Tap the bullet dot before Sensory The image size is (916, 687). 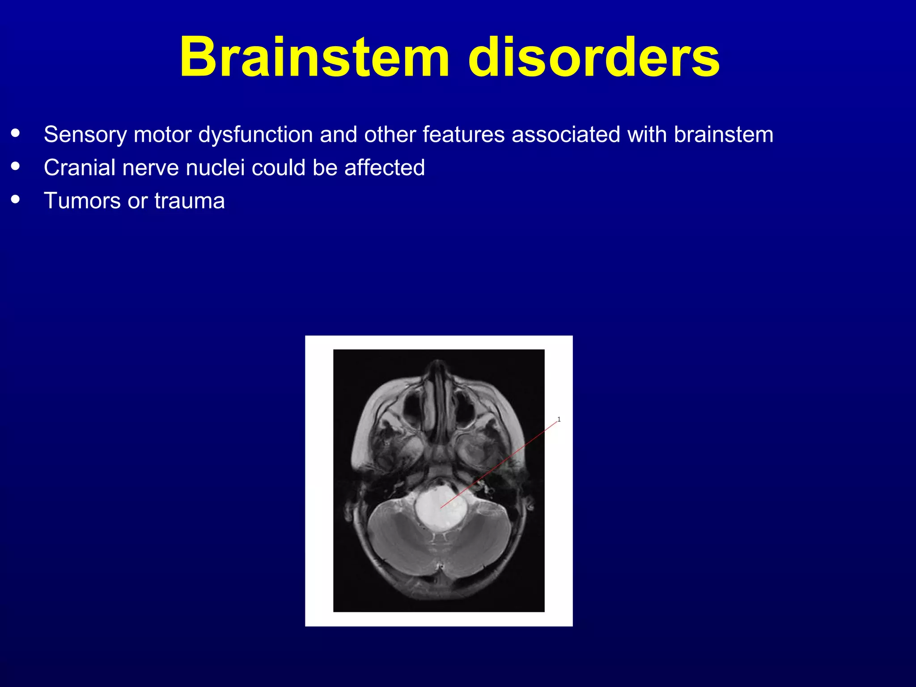click(x=16, y=133)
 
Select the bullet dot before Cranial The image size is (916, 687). click(x=16, y=166)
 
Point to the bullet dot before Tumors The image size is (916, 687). click(x=16, y=199)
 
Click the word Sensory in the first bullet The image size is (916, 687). click(x=85, y=135)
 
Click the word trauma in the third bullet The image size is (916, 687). click(x=190, y=201)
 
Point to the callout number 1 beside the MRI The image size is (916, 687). click(x=559, y=419)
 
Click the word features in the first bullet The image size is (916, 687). click(x=463, y=135)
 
